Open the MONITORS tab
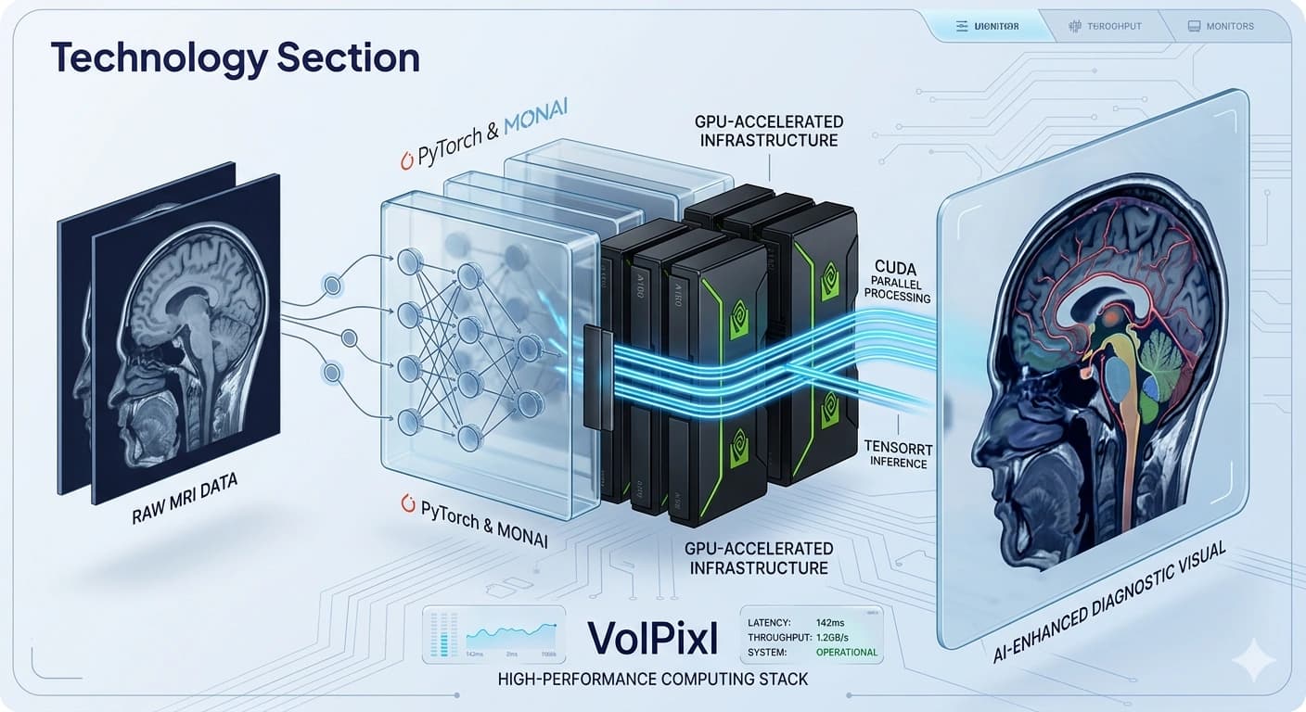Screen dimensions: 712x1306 coord(1229,26)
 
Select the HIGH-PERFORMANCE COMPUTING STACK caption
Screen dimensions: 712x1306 coord(652,680)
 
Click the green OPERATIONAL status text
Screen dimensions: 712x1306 coord(846,652)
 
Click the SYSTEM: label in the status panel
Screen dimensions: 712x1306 coord(767,652)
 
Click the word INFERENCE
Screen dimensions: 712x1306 coord(898,463)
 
